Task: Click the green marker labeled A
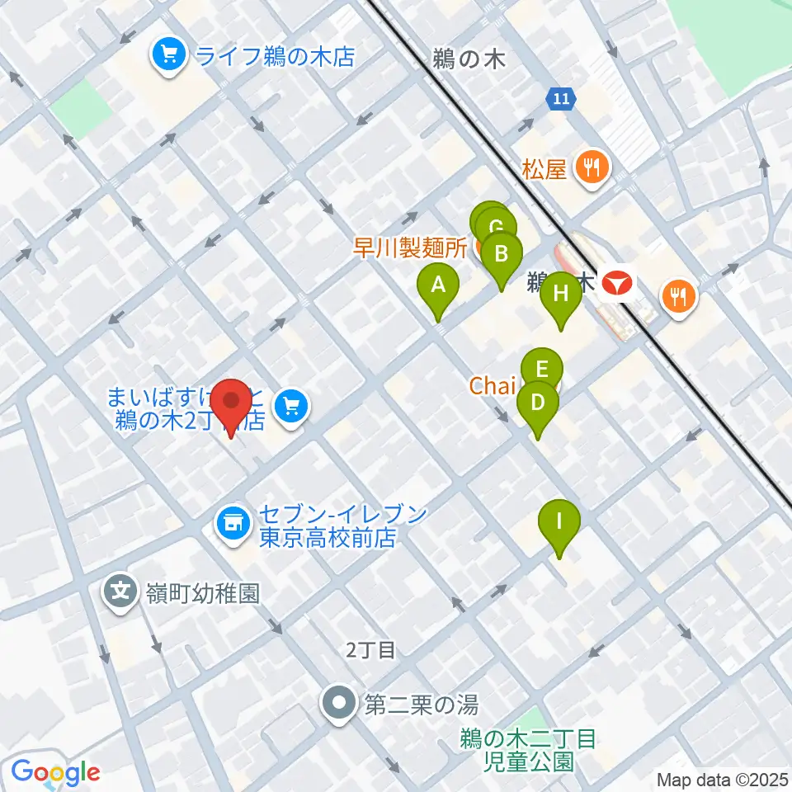[439, 285]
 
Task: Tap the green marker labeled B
[502, 253]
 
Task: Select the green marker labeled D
[537, 403]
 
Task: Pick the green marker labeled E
[542, 369]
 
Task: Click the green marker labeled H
[561, 293]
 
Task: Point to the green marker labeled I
[559, 521]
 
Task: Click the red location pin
[231, 402]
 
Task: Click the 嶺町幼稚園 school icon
[121, 591]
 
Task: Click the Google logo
[56, 772]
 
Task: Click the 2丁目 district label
[370, 650]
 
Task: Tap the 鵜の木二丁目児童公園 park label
[528, 749]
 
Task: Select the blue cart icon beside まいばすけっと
[291, 405]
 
